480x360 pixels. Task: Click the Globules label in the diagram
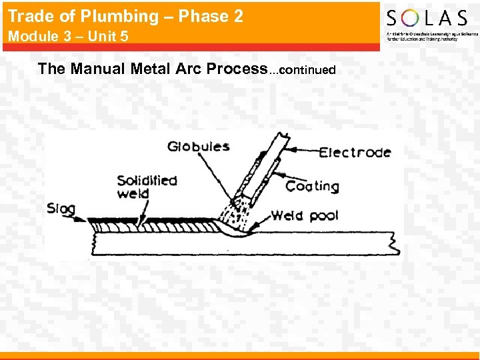point(198,147)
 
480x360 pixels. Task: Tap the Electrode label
point(355,153)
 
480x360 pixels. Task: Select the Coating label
point(312,187)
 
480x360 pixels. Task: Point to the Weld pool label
point(305,215)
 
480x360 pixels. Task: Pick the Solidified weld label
point(147,187)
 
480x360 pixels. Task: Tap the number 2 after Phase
point(239,17)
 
